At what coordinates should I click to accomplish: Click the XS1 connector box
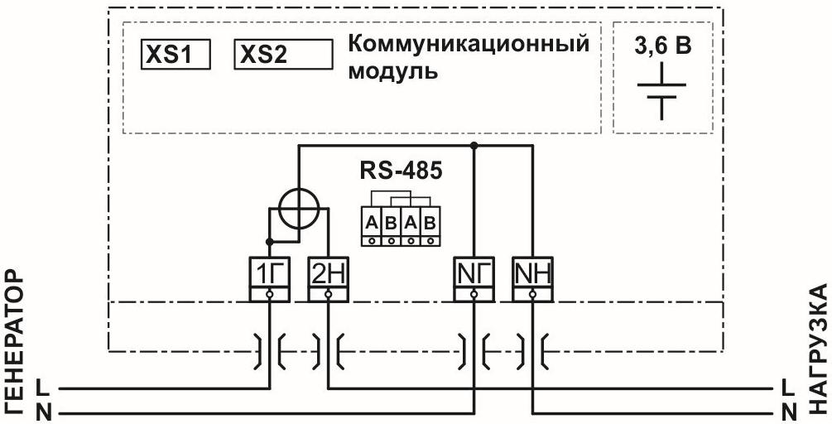[x=174, y=55]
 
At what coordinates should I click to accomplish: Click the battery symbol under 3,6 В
[x=661, y=95]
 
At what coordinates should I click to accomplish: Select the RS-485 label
[x=401, y=171]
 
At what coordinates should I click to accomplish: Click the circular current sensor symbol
[x=298, y=212]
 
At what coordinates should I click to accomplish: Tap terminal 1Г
[x=270, y=272]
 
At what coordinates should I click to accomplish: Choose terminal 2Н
[x=328, y=272]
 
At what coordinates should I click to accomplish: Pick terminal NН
[x=532, y=272]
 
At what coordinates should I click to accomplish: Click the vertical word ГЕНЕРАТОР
[x=16, y=340]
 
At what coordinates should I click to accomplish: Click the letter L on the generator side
[x=43, y=387]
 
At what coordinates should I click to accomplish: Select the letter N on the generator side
[x=43, y=410]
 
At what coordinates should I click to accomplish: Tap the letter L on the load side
[x=788, y=387]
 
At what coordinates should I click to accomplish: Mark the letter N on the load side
[x=788, y=410]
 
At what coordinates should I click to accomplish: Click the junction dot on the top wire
[x=474, y=147]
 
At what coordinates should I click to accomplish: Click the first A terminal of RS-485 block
[x=371, y=223]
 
